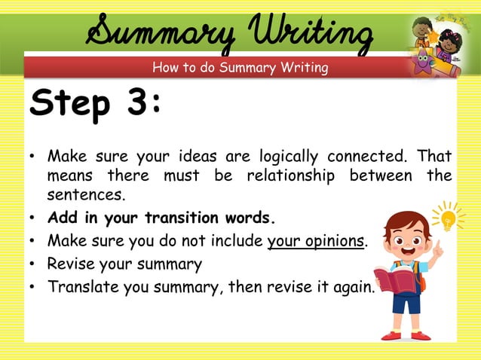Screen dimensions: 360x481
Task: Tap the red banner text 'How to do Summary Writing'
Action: coord(240,68)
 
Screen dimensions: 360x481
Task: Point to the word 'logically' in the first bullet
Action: coord(290,157)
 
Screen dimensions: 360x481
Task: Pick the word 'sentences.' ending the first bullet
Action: coord(83,194)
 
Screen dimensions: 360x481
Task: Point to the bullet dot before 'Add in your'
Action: coord(33,219)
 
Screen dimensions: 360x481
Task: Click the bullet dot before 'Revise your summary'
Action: coord(33,265)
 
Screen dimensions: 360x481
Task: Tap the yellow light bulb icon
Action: coord(449,218)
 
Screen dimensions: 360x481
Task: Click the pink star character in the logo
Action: coord(421,63)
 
